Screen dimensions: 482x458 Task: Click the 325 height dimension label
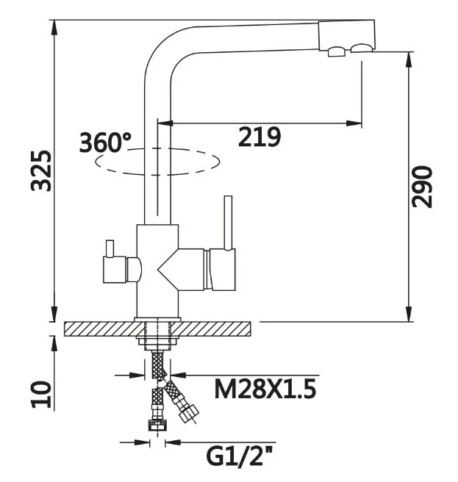pos(41,170)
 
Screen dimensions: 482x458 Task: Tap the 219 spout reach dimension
pos(260,136)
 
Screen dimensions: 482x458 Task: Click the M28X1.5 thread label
pos(265,388)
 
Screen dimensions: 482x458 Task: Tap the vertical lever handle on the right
pos(228,220)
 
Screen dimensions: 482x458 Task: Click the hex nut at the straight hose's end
pos(157,425)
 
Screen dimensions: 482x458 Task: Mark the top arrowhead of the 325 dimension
pos(54,25)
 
